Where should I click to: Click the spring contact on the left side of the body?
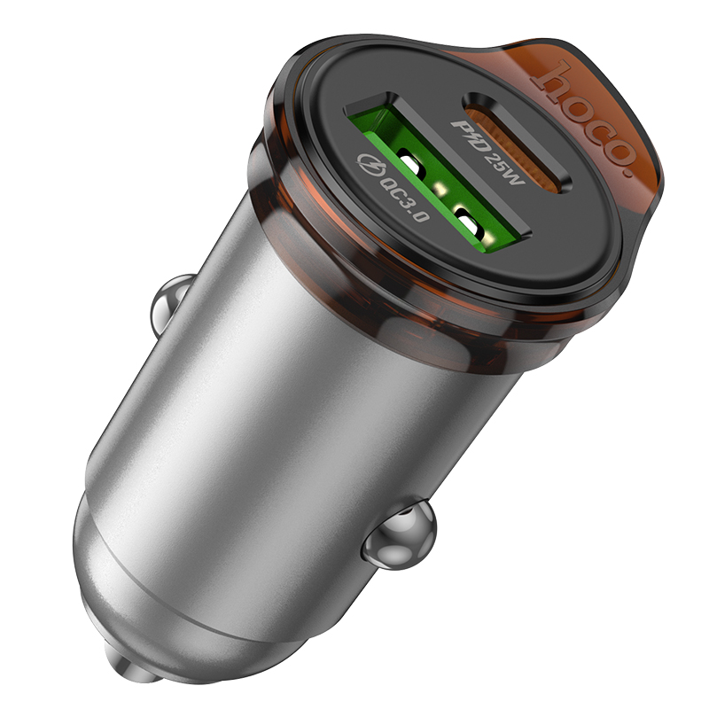(168, 306)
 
